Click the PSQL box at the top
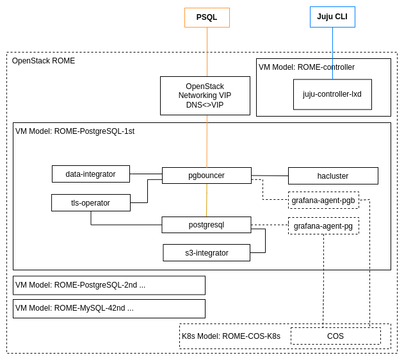(x=207, y=17)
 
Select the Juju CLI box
(x=332, y=17)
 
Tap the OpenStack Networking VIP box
(x=205, y=95)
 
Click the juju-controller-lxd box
(x=332, y=94)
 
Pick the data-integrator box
(x=90, y=174)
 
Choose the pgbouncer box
(x=206, y=176)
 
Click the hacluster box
(x=333, y=176)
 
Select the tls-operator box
(x=90, y=203)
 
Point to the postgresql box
(x=206, y=225)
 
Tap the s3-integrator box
(x=206, y=253)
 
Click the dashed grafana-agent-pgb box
(x=323, y=200)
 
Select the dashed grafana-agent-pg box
(x=323, y=226)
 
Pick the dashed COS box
(x=335, y=336)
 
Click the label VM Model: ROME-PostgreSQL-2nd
(x=80, y=285)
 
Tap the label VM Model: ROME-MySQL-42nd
(x=74, y=308)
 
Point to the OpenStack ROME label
(x=44, y=61)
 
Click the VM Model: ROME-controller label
(x=307, y=67)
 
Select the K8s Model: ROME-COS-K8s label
(x=231, y=336)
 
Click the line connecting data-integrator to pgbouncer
(x=146, y=174)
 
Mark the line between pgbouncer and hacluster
(x=270, y=176)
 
